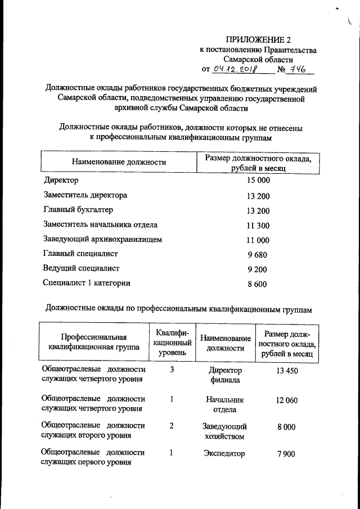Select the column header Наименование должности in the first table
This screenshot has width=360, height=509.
point(119,163)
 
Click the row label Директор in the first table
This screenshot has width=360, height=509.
point(61,181)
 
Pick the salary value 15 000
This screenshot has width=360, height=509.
point(258,181)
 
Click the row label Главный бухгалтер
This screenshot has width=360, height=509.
point(78,210)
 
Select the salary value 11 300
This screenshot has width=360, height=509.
point(258,226)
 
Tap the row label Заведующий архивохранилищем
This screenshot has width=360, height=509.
point(102,240)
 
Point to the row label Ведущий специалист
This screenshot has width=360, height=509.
point(81,269)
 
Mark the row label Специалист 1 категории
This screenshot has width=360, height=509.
point(87,283)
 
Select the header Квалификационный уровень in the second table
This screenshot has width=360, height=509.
point(172,342)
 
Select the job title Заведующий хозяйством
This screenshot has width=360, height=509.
point(225,431)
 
